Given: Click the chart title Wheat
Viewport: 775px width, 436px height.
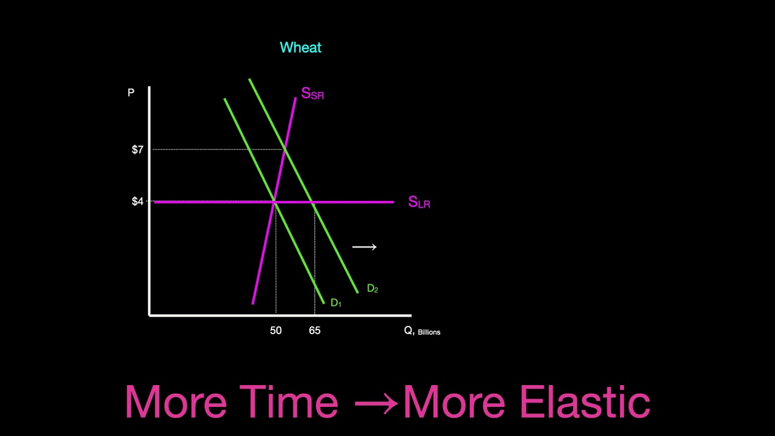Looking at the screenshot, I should pos(300,48).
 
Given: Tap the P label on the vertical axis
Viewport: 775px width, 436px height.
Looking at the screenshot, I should pos(131,93).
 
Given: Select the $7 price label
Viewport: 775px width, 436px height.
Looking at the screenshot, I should pos(137,150).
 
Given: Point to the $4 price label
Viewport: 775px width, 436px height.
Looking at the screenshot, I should pos(137,202).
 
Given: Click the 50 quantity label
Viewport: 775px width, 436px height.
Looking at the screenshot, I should pos(275,331).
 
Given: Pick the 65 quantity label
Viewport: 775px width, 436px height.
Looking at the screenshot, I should pos(314,331).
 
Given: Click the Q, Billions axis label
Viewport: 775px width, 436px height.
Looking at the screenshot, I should pos(421,331).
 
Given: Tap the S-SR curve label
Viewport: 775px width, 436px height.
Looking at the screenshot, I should pos(312,94).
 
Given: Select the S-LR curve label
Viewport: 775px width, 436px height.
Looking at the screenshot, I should pos(419,202).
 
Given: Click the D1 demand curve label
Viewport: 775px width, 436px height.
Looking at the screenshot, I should pos(336,303).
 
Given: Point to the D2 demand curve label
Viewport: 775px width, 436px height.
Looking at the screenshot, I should pos(372,289).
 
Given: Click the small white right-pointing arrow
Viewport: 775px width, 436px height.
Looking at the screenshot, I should pos(364,247).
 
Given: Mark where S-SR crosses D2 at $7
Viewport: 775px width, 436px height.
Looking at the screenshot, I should pos(285,149).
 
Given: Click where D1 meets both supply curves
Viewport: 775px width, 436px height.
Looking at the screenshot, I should pos(275,202).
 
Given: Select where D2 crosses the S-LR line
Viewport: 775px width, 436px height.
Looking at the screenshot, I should pos(312,202).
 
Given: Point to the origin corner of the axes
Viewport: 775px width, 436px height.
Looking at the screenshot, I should pos(150,315).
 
